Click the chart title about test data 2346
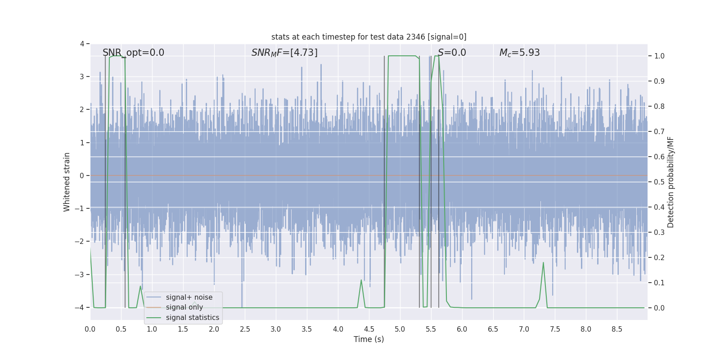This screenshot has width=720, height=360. click(x=369, y=37)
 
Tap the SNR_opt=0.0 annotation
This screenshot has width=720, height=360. click(x=133, y=53)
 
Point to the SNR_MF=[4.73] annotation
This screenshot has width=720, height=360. click(x=284, y=53)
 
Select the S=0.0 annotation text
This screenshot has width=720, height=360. click(x=452, y=53)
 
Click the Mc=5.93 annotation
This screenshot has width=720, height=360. click(x=519, y=53)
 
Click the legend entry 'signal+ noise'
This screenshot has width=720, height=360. click(x=189, y=297)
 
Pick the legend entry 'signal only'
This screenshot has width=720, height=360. click(x=184, y=307)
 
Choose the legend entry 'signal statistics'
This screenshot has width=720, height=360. click(x=192, y=318)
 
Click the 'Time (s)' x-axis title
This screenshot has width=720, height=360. click(x=369, y=339)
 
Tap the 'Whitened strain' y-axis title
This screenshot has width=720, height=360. click(x=67, y=182)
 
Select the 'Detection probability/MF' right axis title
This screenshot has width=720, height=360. click(x=670, y=182)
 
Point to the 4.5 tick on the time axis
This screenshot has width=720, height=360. click(x=369, y=329)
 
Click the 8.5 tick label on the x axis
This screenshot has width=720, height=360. click(x=616, y=329)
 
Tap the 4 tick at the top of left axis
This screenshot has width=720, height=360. click(x=82, y=44)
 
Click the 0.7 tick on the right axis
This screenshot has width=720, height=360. click(x=659, y=131)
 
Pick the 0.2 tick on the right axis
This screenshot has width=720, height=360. click(x=659, y=257)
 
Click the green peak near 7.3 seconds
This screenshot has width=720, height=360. click(x=543, y=263)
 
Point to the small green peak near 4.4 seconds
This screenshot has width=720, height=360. click(x=361, y=280)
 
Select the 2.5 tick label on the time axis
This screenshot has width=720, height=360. click(x=245, y=329)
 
